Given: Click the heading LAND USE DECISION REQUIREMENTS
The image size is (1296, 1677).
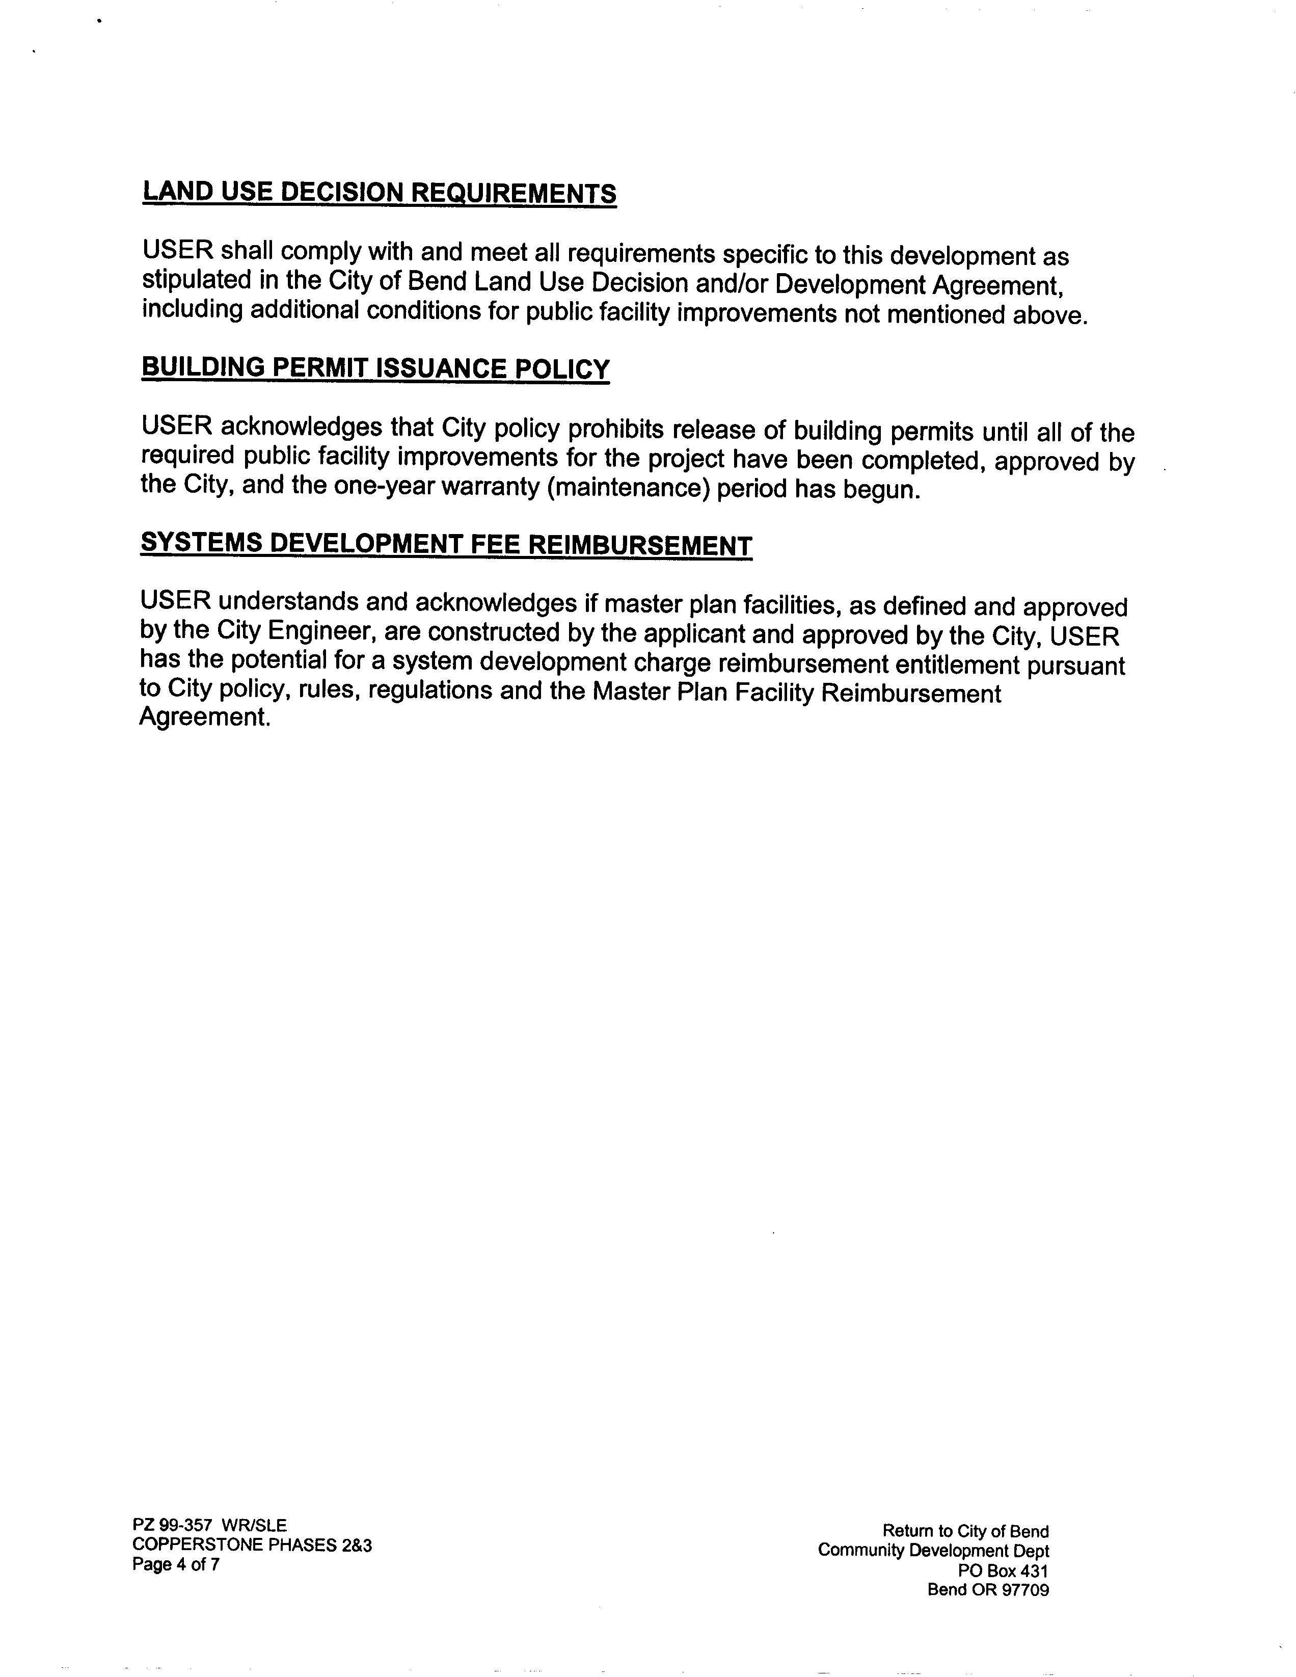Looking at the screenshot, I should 380,192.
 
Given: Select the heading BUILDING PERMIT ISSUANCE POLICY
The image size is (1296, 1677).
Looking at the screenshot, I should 375,368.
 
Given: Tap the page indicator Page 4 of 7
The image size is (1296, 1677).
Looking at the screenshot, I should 176,1564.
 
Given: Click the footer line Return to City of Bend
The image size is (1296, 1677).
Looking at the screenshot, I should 965,1531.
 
